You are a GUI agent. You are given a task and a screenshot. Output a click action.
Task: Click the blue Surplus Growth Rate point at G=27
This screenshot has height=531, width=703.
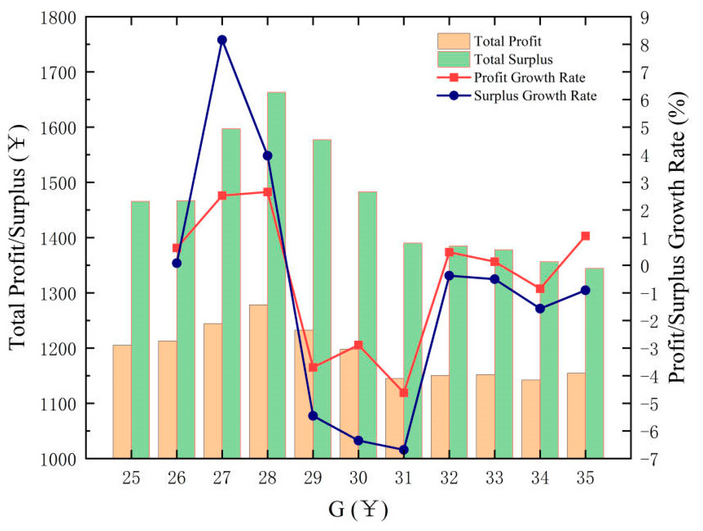coord(222,40)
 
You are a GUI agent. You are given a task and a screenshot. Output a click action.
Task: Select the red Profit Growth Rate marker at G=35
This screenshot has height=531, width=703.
coord(585,236)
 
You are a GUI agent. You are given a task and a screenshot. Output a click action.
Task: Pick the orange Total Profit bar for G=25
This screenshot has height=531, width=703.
coord(122,401)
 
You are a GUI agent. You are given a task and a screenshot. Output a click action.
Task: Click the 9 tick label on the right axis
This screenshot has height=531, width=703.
coord(645,18)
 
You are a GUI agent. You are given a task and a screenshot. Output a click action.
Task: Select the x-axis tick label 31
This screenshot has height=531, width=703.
coord(403,478)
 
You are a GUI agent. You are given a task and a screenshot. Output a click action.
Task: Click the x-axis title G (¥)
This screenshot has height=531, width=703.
coord(358,509)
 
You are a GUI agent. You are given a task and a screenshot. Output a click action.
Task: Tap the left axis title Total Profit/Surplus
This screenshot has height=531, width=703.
coord(18,238)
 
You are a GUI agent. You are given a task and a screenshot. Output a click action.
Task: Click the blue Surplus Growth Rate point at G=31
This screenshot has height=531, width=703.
coord(404,450)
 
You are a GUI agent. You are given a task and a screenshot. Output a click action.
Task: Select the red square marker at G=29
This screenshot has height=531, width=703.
coord(313,367)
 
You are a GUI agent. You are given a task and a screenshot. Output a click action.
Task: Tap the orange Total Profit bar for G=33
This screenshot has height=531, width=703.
coord(485,416)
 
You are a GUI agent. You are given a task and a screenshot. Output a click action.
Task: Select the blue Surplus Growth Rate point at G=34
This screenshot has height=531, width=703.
coord(540,308)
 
